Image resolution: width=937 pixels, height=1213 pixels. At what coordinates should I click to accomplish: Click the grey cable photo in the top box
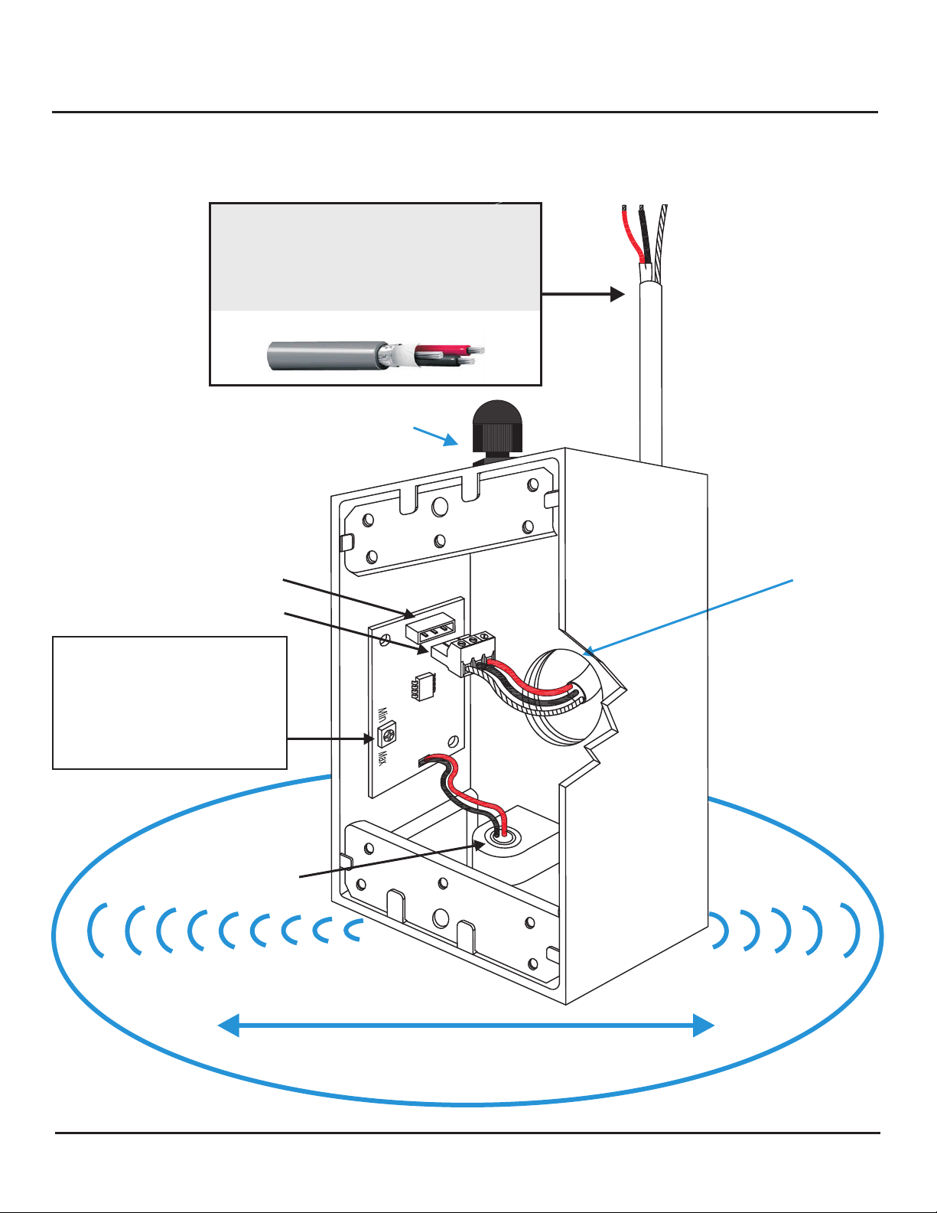[x=375, y=354]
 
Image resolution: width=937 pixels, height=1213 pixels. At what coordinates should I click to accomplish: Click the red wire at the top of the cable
[x=632, y=237]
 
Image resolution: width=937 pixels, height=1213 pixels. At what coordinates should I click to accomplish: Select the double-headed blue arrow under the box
[x=467, y=1025]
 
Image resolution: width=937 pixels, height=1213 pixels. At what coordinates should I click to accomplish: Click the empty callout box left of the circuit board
[x=169, y=702]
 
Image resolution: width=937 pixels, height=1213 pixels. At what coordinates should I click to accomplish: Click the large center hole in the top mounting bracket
[x=440, y=506]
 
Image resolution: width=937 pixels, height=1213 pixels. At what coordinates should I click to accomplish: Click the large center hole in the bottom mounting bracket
[x=441, y=917]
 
